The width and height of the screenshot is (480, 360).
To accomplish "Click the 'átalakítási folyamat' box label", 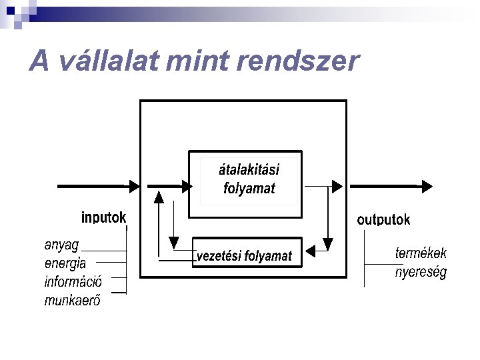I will point(249,178).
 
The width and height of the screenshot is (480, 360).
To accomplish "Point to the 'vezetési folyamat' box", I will point(245,255).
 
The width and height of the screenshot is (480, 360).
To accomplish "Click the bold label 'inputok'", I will point(103,217).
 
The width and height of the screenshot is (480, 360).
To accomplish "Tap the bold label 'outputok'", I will point(383,219).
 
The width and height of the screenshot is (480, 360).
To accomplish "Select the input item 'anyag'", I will point(62,244).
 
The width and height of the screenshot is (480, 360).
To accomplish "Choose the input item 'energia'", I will point(65,263).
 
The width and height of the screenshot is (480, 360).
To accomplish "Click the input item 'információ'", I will point(73,281).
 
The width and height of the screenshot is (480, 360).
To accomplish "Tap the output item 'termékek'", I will point(421,253).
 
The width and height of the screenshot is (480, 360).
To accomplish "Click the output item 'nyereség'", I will point(421,272).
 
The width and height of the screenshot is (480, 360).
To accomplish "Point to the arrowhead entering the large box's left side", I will point(135,186).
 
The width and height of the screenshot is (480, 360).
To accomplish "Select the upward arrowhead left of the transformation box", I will point(159,197).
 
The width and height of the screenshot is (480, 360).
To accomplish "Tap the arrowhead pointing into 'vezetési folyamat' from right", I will point(308,251).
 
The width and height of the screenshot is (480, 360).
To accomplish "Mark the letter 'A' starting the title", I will point(40,61).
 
